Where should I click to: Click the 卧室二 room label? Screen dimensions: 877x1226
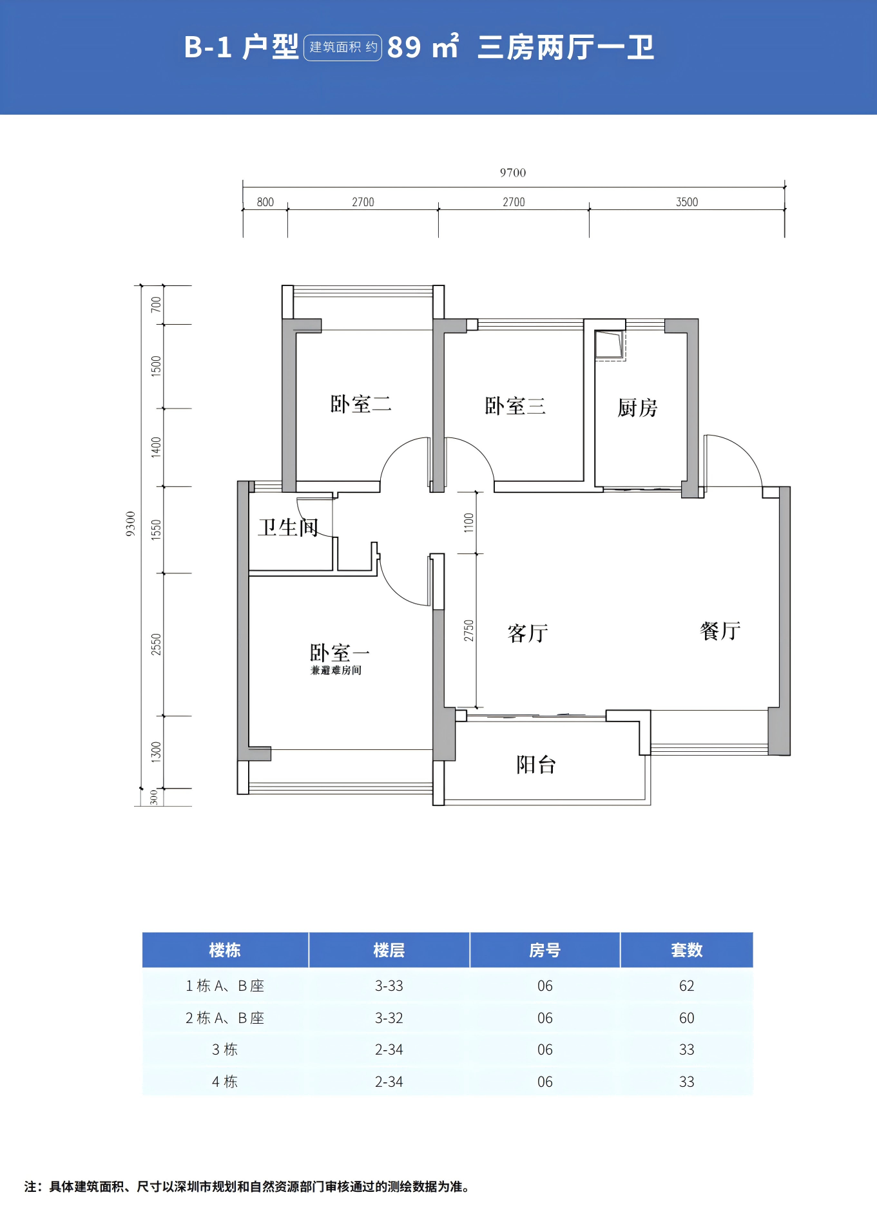pos(361,404)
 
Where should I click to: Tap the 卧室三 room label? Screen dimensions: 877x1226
pos(515,406)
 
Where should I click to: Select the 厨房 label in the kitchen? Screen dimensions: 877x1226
pos(637,408)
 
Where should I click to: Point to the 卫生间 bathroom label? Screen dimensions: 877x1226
pos(288,527)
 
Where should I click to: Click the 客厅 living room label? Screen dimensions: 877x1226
pos(528,633)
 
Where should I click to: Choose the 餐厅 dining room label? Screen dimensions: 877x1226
pos(720,631)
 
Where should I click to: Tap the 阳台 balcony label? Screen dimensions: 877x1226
pos(536,765)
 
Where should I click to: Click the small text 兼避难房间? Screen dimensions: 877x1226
pos(336,670)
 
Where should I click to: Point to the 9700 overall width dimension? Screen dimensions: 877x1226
pos(513,173)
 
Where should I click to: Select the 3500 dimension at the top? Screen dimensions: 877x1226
pos(687,202)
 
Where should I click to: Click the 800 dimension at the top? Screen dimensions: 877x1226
pos(265,202)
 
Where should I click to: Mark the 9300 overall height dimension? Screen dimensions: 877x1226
pos(131,524)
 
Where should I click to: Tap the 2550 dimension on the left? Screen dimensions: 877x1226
pos(156,645)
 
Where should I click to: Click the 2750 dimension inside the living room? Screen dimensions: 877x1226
pos(468,631)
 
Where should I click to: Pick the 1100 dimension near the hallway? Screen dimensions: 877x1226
pos(468,522)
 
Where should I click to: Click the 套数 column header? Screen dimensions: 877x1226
pos(687,950)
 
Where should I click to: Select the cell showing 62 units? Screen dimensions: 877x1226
pos(687,986)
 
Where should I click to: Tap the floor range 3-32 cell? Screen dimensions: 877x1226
pos(389,1018)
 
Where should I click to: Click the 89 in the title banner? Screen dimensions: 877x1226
pos(405,47)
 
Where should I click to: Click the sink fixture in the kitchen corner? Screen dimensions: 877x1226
pos(610,345)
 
